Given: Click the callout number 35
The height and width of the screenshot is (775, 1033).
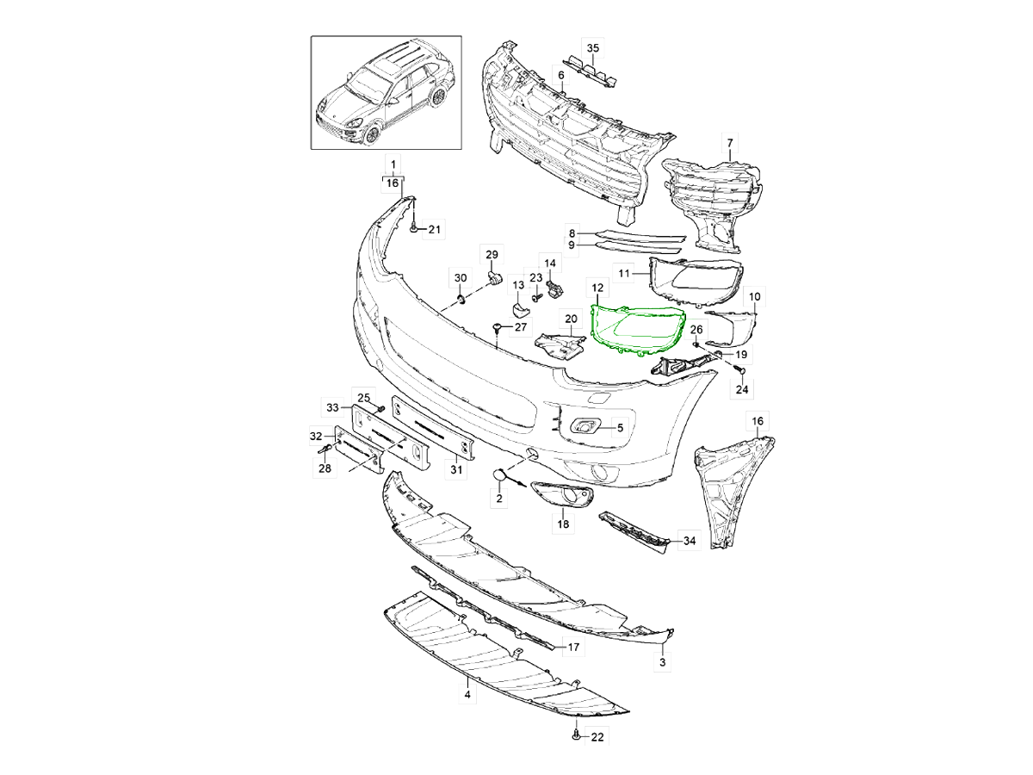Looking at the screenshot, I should pos(592,46).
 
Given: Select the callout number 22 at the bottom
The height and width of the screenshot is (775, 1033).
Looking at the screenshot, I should pos(597,737).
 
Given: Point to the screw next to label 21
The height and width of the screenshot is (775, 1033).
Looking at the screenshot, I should pos(415,228).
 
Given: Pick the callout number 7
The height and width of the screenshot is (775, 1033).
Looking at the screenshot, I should pos(729,141).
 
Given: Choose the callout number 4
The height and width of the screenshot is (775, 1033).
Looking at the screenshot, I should pos(467,694).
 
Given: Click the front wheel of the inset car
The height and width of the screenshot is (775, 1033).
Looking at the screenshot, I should pos(373,134).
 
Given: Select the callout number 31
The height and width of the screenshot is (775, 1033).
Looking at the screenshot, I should pos(457,469).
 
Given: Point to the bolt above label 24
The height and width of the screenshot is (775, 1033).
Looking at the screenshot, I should pos(738,369).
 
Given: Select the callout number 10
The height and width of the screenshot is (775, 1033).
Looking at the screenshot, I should pos(755,296).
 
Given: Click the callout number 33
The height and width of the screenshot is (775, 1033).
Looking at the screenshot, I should pos(332,406).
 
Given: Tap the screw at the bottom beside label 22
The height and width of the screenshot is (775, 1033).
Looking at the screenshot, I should pos(574,736).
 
